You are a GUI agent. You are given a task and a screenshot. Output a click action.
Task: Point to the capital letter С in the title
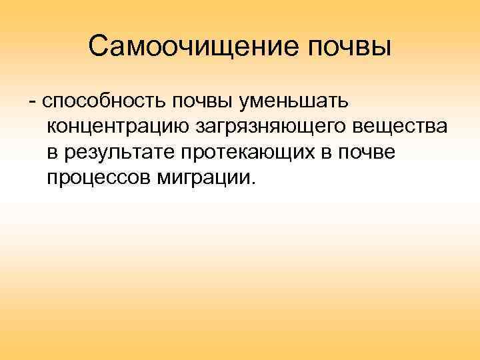[x=97, y=47]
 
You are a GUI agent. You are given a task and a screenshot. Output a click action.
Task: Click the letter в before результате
[x=53, y=153]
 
